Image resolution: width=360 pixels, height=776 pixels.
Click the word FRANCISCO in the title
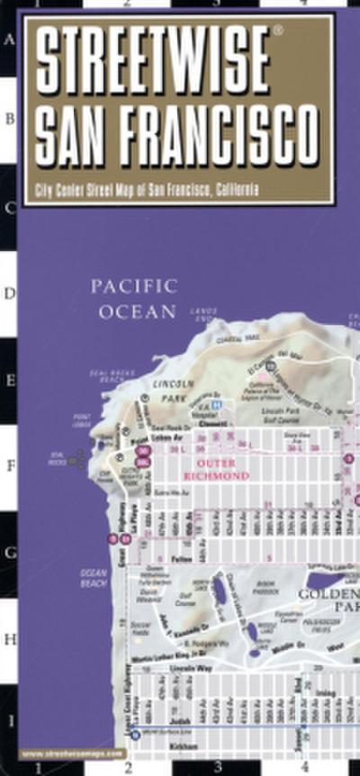[220, 134]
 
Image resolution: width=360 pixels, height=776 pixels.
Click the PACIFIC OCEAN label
[132, 299]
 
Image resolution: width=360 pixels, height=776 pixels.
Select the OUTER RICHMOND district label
[215, 469]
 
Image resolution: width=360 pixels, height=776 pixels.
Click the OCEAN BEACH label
[94, 577]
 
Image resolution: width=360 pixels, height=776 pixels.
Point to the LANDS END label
[204, 312]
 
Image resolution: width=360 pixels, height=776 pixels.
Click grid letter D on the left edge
[10, 293]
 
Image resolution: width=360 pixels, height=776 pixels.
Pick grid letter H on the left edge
[10, 638]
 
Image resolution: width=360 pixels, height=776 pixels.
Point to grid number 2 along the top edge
[127, 4]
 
